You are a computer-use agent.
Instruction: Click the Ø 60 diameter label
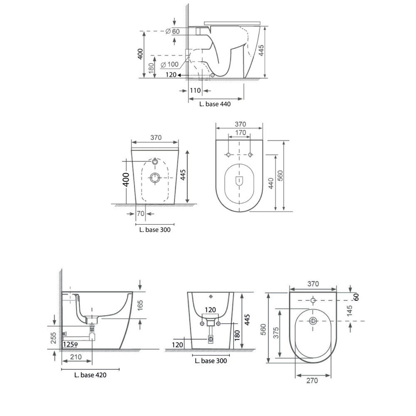(x=173, y=31)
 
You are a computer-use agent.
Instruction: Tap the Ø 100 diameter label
(x=170, y=64)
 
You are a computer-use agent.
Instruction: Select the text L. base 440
(x=215, y=104)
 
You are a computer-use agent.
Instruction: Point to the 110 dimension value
(x=195, y=91)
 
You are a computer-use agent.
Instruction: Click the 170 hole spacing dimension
(x=240, y=133)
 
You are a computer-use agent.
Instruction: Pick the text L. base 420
(x=90, y=375)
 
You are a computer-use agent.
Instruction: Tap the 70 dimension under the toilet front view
(x=141, y=213)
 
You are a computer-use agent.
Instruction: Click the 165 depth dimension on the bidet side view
(x=140, y=305)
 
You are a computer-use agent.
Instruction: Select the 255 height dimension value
(x=54, y=338)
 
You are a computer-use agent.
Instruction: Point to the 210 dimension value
(x=76, y=357)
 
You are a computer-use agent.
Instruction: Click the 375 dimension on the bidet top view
(x=276, y=333)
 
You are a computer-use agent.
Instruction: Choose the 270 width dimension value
(x=312, y=381)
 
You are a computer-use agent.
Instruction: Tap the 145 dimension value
(x=350, y=311)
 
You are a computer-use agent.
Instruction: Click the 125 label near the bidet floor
(x=69, y=344)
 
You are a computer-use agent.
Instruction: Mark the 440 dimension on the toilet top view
(x=271, y=183)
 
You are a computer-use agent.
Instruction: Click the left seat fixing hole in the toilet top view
(x=228, y=154)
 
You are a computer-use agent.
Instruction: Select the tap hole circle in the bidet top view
(x=313, y=300)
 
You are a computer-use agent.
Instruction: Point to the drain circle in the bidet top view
(x=313, y=321)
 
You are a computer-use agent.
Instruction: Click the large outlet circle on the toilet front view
(x=155, y=178)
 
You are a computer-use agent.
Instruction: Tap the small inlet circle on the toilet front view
(x=155, y=161)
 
